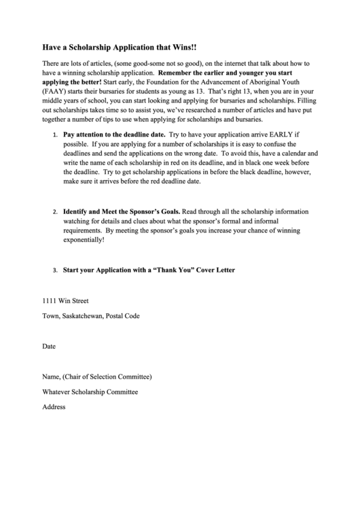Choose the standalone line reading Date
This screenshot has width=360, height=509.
(49, 346)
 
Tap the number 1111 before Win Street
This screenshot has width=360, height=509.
(50, 300)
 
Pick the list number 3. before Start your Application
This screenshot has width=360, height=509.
(56, 270)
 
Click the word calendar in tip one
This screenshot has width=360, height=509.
(292, 154)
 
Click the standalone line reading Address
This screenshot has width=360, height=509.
(54, 406)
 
